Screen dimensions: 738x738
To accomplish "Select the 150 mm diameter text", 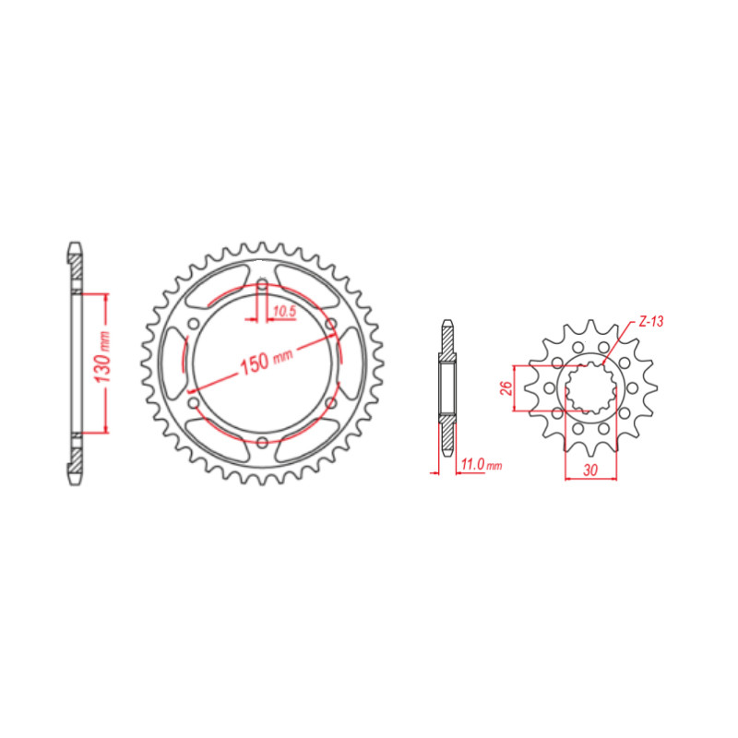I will tap(267, 360).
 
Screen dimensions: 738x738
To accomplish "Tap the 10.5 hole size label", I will tap(282, 312).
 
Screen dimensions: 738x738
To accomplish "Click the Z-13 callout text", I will tap(651, 323).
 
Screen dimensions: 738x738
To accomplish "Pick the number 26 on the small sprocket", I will tap(506, 387).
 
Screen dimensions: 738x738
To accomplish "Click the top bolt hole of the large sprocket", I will tap(262, 284).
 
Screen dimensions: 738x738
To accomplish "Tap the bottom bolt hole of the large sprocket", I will tap(262, 443).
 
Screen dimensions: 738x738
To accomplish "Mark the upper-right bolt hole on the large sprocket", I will tap(330, 324).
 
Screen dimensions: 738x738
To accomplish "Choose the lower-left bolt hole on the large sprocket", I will tap(193, 403).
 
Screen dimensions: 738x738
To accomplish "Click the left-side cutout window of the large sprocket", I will tap(173, 363).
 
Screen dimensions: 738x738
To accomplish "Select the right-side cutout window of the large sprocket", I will tap(351, 363).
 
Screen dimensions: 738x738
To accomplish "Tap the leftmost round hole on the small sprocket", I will tap(550, 387).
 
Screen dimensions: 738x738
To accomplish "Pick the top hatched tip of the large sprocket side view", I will tap(75, 264).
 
